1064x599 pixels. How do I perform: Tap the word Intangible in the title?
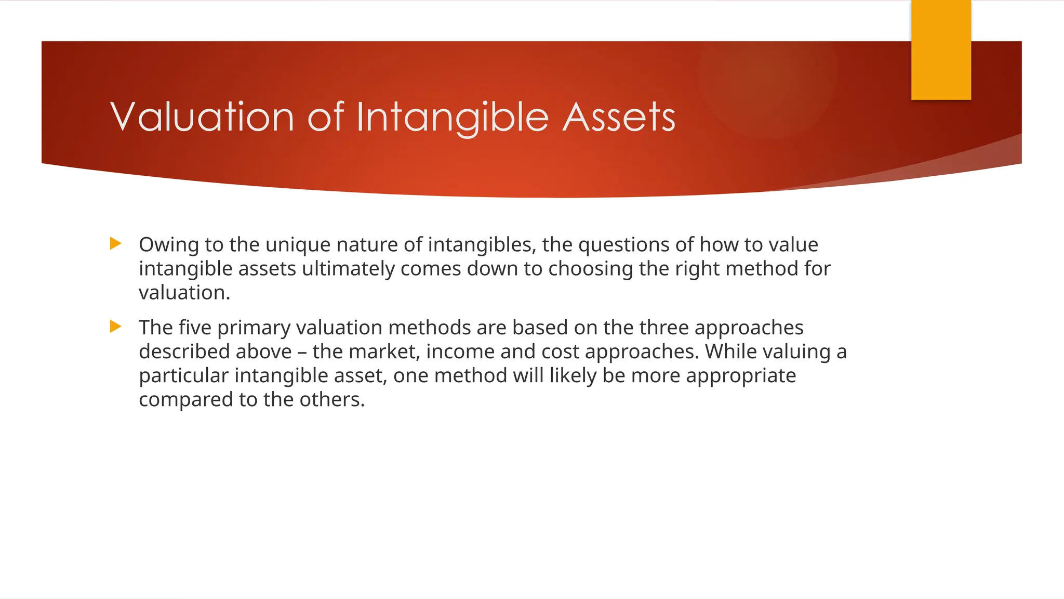pos(453,118)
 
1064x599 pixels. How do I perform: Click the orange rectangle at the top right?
pos(941,50)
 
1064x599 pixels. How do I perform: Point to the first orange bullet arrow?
pos(116,243)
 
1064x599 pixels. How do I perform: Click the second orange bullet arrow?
pos(116,327)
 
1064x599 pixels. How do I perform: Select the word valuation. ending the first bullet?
pos(184,293)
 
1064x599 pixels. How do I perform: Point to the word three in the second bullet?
pos(663,328)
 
